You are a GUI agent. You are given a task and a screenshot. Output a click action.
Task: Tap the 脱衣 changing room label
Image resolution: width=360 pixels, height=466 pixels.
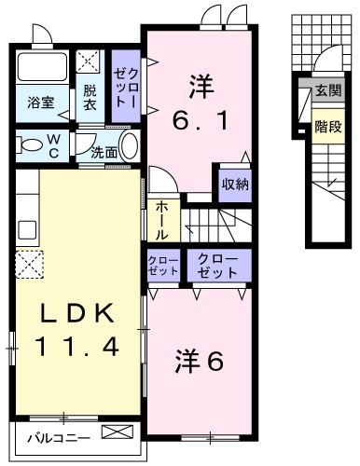[x=90, y=97]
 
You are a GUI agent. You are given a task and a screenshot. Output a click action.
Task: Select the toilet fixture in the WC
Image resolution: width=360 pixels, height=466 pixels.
[x=32, y=145]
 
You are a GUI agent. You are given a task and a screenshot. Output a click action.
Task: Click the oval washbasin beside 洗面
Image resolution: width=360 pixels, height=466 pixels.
[x=129, y=145]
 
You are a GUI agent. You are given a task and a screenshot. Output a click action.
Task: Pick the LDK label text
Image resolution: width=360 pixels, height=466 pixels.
[x=77, y=313]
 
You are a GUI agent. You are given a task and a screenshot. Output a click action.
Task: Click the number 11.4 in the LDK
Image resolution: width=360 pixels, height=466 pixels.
[x=77, y=347]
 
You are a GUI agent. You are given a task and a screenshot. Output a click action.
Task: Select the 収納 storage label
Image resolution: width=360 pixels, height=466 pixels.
[x=235, y=184]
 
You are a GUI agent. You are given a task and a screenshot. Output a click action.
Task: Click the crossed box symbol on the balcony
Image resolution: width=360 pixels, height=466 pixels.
[x=117, y=433]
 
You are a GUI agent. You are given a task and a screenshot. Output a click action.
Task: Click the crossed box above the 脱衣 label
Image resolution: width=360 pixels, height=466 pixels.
[x=90, y=62]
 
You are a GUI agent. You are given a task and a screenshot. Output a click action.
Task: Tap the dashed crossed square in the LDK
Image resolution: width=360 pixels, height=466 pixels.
[x=27, y=265]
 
